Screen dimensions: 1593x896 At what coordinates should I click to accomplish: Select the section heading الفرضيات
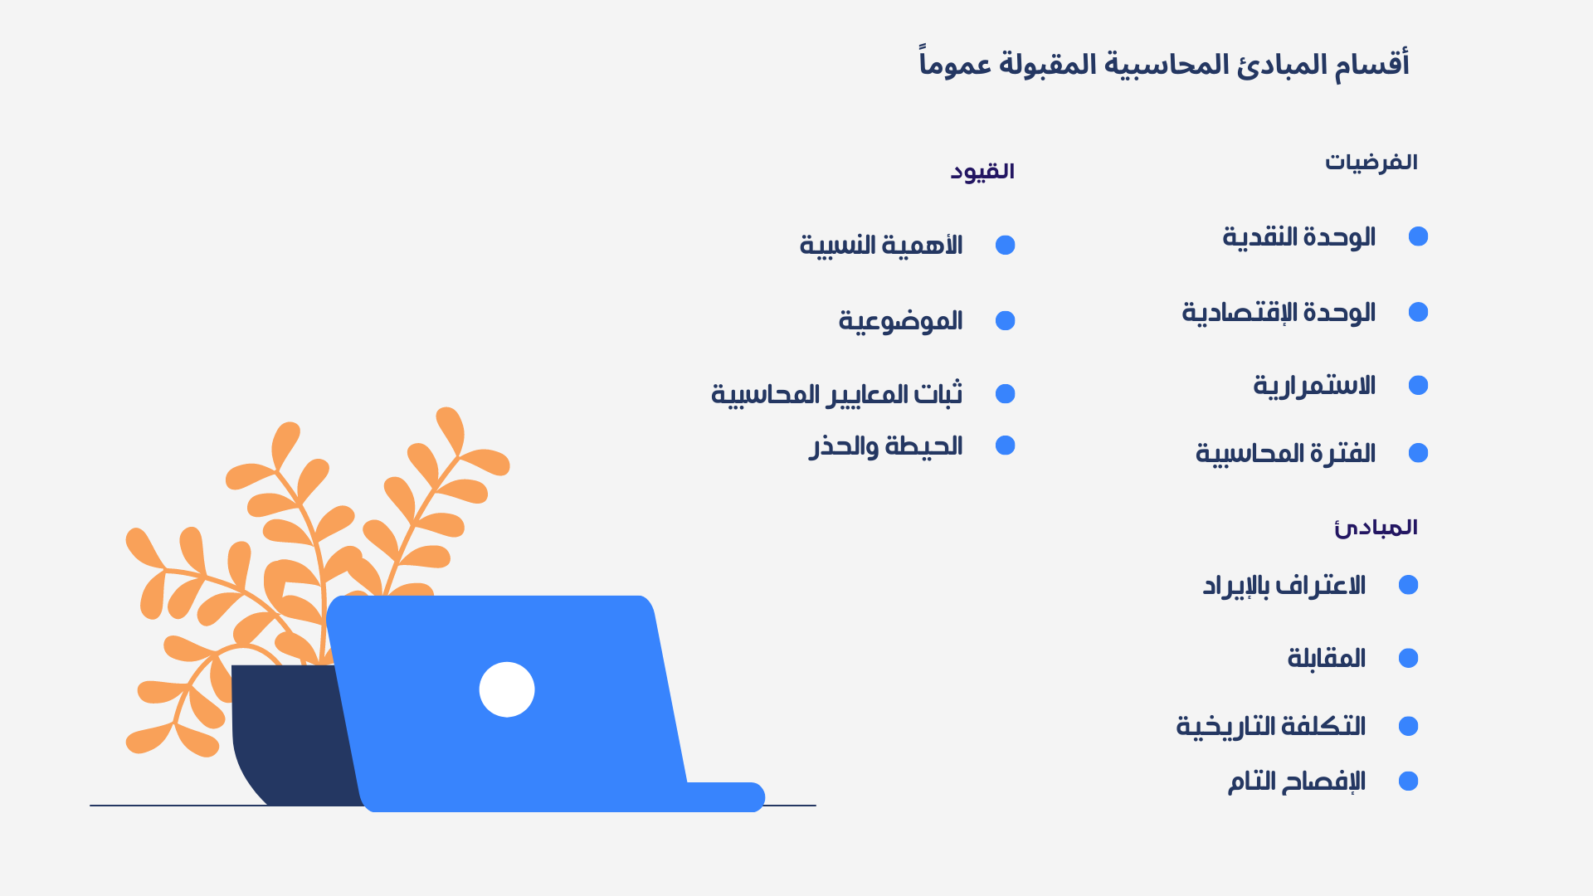click(1371, 162)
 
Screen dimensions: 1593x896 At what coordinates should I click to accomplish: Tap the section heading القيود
click(982, 171)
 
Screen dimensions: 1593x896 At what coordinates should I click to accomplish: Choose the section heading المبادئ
click(1376, 528)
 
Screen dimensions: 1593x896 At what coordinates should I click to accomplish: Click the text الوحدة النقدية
click(1299, 237)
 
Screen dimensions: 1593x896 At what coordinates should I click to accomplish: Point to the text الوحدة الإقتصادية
click(1279, 313)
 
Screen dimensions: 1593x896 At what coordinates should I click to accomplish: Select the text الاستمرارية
click(1314, 386)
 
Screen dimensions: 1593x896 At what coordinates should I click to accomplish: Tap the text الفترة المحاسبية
click(1285, 454)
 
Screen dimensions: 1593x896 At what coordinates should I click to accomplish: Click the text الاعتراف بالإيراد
click(1284, 586)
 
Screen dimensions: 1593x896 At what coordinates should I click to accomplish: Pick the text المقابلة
click(1327, 659)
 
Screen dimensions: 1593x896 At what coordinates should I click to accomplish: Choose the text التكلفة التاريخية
click(1271, 727)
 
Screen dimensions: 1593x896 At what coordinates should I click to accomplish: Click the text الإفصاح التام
click(1297, 782)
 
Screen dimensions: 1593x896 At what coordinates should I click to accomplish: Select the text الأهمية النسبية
click(881, 246)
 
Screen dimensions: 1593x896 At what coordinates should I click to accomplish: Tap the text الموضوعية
click(900, 321)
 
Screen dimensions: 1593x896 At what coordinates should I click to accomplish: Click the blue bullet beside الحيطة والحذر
click(1006, 446)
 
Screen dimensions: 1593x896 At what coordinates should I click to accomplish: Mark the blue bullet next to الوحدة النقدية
click(1419, 236)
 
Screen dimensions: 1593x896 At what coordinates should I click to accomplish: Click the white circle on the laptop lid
click(507, 689)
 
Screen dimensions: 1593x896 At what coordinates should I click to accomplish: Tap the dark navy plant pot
click(290, 734)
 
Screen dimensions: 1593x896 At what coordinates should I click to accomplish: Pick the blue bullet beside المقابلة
click(1409, 658)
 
